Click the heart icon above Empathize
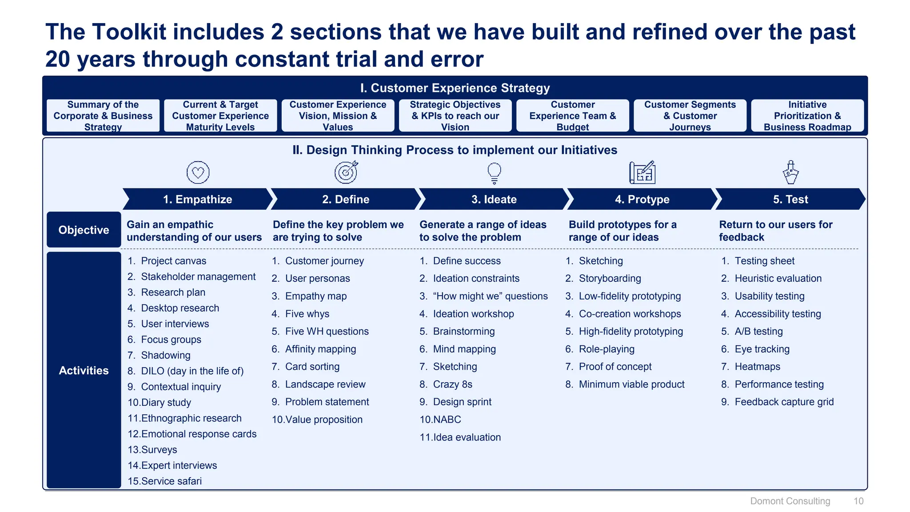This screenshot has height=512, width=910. (198, 172)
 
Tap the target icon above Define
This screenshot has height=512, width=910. (346, 172)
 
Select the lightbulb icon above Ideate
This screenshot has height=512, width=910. (494, 173)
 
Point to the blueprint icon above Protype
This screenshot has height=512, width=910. (642, 172)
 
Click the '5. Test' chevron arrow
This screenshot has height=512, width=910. (790, 199)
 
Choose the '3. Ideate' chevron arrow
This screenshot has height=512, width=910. (494, 199)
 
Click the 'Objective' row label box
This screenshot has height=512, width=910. (84, 230)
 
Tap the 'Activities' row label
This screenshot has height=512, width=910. (84, 370)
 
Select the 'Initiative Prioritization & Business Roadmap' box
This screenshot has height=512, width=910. (807, 116)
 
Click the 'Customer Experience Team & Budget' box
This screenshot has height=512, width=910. (572, 116)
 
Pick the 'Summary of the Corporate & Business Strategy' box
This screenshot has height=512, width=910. (103, 116)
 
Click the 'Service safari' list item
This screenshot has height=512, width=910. (171, 481)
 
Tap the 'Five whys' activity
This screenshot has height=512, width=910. (307, 314)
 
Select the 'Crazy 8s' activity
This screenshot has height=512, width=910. (452, 384)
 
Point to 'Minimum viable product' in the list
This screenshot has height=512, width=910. (631, 384)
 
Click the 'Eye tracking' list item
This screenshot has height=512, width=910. (762, 349)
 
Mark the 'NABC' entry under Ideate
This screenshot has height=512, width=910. (447, 420)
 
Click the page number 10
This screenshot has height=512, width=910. (858, 501)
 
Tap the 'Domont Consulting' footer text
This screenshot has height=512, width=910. (790, 501)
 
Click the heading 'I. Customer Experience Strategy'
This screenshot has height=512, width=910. (455, 88)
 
